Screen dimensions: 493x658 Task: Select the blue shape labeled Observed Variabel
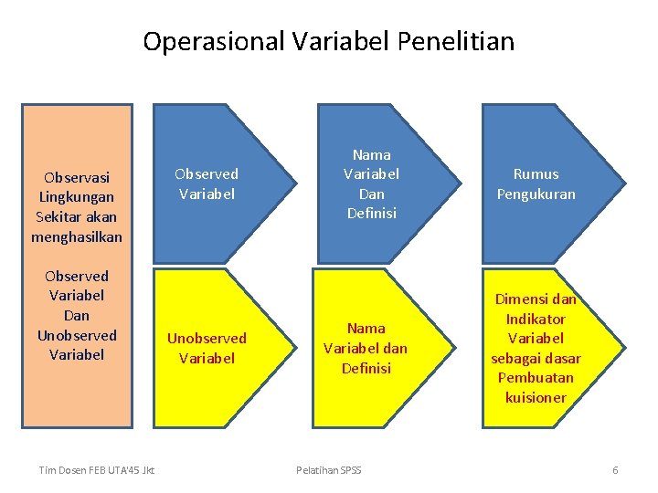coord(207,184)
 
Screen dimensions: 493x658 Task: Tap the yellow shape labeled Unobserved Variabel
coord(207,348)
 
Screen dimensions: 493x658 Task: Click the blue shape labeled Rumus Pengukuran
coord(536,184)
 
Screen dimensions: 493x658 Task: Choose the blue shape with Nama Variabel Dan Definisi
coord(371,184)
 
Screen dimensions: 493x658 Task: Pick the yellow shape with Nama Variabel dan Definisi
coord(366,348)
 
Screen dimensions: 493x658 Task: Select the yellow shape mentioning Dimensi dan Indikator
coord(536,348)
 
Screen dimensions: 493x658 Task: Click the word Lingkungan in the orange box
coord(77,197)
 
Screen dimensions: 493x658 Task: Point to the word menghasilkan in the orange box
coord(77,237)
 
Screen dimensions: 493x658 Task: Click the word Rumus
coord(536,173)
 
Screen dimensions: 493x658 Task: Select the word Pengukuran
coord(536,194)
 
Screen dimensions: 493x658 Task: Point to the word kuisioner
coord(536,397)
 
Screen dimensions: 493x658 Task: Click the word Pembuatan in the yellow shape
coord(536,377)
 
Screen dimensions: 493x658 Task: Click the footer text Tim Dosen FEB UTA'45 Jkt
coord(96,470)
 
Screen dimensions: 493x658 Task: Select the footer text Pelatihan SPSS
coord(329,470)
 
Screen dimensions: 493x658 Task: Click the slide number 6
coord(615,470)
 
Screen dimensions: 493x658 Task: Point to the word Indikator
coord(536,319)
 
